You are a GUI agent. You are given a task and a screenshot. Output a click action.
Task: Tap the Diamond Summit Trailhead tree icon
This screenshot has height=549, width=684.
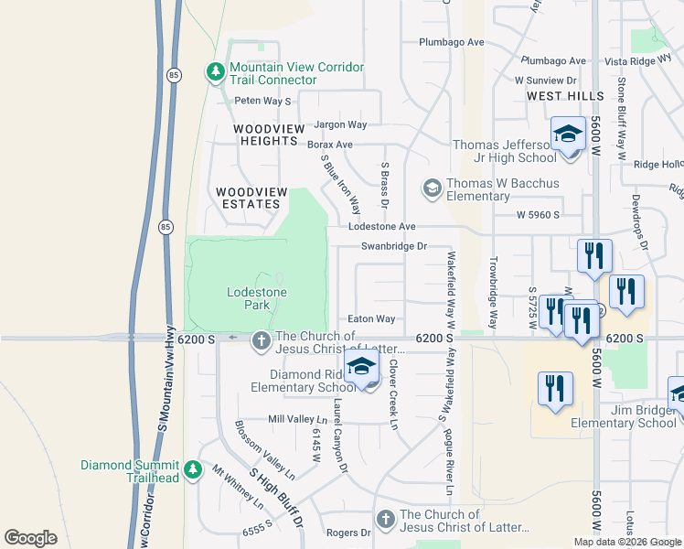point(192,470)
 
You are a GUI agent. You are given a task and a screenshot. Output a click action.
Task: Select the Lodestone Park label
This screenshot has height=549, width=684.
point(257,292)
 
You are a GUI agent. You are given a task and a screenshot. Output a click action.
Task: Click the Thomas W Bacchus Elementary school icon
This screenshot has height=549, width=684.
point(432,188)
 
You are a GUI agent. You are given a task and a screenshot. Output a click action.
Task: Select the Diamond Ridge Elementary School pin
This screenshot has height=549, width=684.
point(362,368)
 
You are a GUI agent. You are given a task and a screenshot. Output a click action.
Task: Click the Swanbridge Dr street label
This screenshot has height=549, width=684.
point(394,246)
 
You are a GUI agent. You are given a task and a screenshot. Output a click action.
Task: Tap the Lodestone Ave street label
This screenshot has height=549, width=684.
point(381,226)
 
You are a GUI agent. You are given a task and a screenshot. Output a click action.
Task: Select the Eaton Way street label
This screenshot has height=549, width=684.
point(371,319)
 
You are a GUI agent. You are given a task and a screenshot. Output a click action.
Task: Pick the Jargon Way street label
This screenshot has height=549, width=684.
point(340,124)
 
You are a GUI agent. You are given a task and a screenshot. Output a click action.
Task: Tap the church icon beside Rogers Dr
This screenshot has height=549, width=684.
point(385,520)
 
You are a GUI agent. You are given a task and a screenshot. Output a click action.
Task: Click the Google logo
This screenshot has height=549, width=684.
point(30,538)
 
